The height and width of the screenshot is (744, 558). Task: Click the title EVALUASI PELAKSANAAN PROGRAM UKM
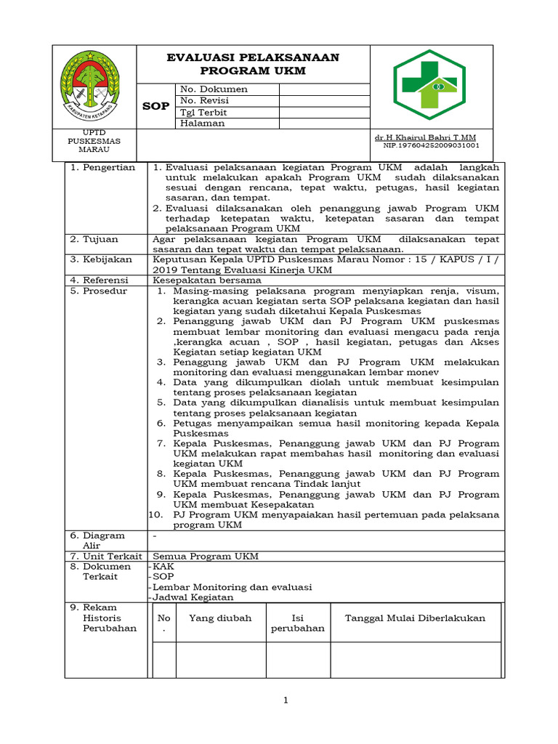tap(253, 64)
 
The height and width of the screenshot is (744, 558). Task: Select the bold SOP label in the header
tap(155, 106)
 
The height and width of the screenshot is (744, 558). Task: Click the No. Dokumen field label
tap(214, 89)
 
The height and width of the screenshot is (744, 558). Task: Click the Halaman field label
tap(203, 124)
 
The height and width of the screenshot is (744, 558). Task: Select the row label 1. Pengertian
tap(102, 167)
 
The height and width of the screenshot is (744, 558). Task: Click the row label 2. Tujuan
tap(94, 239)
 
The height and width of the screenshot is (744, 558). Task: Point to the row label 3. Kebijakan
tap(101, 259)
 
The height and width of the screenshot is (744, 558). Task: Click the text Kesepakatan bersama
tap(206, 280)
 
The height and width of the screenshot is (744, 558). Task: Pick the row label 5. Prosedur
tap(98, 291)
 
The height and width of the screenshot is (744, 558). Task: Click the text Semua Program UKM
tap(206, 557)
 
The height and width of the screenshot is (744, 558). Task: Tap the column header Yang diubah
tap(220, 618)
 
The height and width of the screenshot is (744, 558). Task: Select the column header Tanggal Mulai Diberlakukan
tap(415, 618)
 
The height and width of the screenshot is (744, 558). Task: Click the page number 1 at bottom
tap(286, 700)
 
